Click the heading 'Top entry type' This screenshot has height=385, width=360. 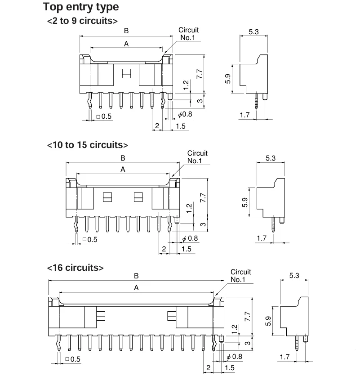81,7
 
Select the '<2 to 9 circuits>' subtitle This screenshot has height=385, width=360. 82,21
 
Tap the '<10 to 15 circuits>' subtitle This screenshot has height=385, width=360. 87,145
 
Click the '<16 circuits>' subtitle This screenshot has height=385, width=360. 75,268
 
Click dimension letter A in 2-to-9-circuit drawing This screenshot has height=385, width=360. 126,44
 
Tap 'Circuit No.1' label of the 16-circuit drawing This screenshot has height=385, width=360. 240,276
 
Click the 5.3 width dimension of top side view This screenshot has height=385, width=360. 253,32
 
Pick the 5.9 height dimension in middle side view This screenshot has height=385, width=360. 245,202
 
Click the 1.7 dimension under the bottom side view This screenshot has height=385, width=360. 285,357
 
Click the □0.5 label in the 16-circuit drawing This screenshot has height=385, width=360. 73,359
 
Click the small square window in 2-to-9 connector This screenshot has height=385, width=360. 127,73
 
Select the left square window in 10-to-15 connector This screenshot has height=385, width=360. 107,197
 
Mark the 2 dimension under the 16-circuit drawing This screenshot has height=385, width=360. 208,368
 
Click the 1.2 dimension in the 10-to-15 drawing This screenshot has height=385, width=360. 189,208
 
